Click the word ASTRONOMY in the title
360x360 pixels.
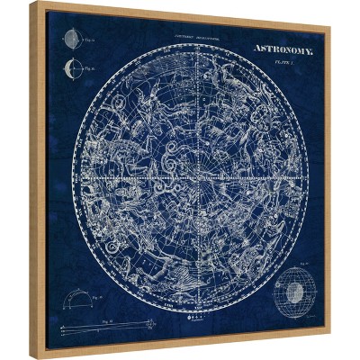283,51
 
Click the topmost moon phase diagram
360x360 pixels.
70,40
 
